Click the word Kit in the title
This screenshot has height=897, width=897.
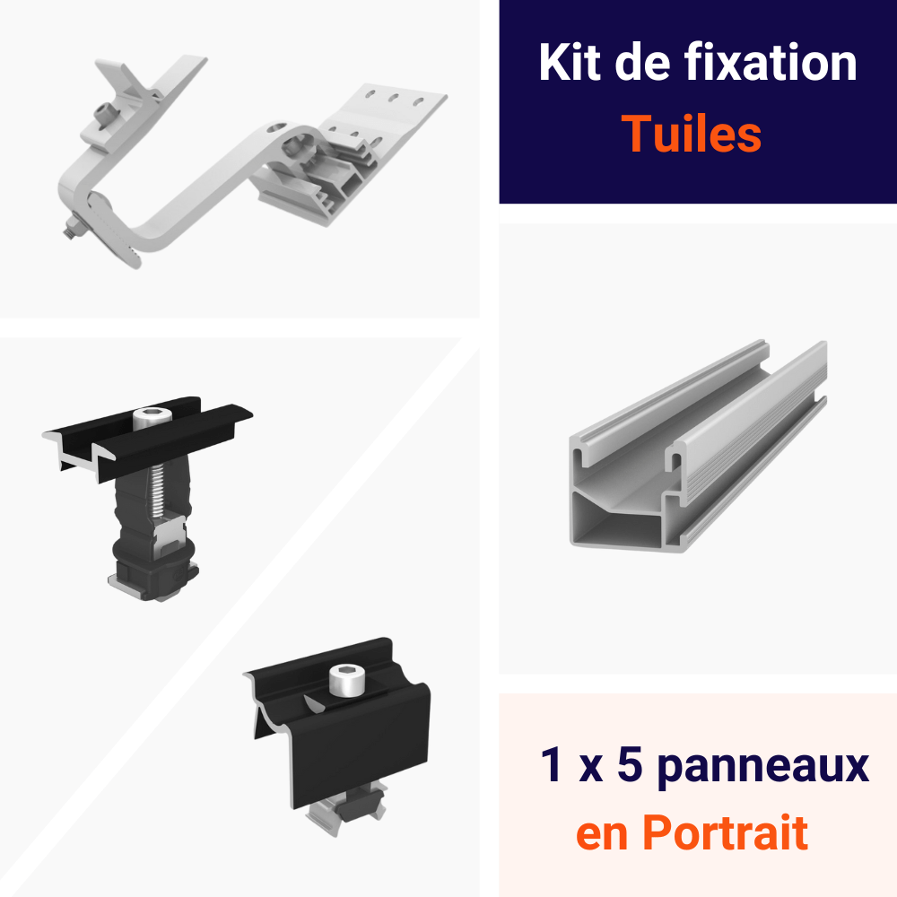pyautogui.click(x=569, y=62)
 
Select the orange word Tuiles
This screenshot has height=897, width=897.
pyautogui.click(x=691, y=134)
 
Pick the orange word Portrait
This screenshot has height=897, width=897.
pyautogui.click(x=725, y=832)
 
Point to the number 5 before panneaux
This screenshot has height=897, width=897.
pyautogui.click(x=630, y=763)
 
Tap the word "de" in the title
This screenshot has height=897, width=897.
pyautogui.click(x=642, y=62)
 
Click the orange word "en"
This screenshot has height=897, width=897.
pyautogui.click(x=603, y=836)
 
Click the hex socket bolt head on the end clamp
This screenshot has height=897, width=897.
pyautogui.click(x=346, y=679)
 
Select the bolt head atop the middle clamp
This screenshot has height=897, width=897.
pyautogui.click(x=152, y=418)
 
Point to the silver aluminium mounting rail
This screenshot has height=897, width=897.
pyautogui.click(x=698, y=446)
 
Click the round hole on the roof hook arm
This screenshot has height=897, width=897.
pyautogui.click(x=276, y=127)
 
